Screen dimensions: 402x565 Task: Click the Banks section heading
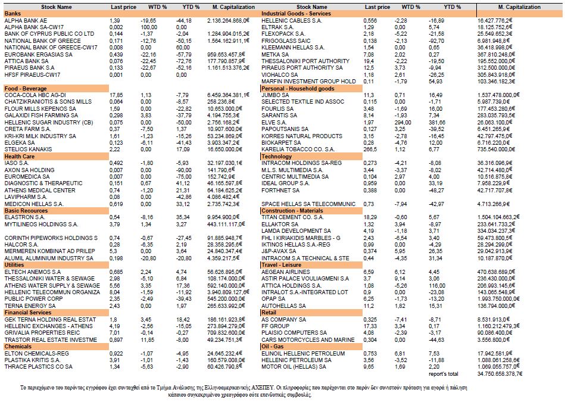click(x=13, y=14)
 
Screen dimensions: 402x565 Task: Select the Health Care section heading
click(x=20, y=155)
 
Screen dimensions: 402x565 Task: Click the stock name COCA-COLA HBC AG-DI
click(x=35, y=95)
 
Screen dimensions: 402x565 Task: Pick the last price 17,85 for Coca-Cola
click(x=117, y=95)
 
